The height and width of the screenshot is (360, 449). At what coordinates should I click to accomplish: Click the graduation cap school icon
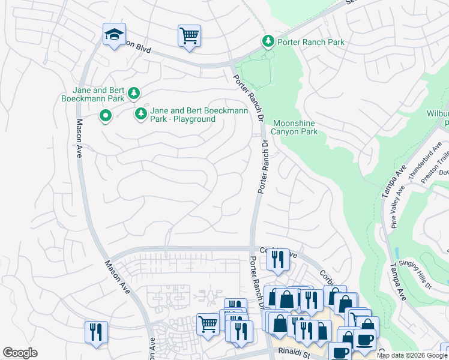click(113, 35)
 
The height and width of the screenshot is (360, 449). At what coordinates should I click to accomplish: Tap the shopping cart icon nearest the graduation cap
click(188, 36)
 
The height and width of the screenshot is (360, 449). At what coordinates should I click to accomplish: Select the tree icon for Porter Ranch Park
click(268, 41)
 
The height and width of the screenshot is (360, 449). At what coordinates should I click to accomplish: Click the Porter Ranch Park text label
click(310, 42)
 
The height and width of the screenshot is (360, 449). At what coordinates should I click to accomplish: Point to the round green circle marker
click(105, 115)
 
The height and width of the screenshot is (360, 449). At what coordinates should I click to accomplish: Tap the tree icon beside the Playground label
click(141, 113)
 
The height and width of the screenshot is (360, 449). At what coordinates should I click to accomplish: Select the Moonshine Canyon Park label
click(294, 127)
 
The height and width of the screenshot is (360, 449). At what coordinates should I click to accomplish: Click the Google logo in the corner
click(20, 353)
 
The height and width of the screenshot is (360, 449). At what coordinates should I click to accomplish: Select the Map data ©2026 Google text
click(411, 355)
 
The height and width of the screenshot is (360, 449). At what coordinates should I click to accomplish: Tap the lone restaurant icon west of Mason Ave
click(96, 332)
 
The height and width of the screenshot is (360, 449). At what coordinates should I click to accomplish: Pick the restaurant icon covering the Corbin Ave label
click(277, 260)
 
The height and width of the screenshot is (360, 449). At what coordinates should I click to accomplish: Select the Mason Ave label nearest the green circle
click(79, 139)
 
